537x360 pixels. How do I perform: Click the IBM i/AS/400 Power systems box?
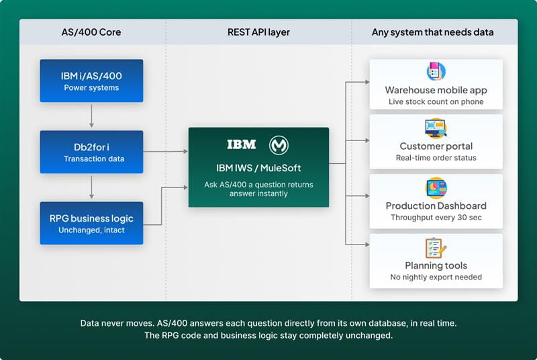91,81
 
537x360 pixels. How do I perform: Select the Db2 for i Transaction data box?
91,152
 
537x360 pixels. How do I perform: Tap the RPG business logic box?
91,223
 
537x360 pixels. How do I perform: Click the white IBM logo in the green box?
241,145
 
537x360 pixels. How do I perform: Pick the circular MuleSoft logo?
279,145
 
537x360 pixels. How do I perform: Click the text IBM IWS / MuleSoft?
258,168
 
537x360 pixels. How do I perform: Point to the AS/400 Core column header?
92,32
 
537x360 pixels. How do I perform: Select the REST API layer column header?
258,32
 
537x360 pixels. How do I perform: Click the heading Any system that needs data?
432,32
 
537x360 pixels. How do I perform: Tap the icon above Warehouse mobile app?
436,71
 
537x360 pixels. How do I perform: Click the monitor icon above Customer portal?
436,127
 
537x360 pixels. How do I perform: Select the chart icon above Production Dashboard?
436,187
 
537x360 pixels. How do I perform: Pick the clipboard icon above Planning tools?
436,247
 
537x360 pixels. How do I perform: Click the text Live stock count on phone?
436,102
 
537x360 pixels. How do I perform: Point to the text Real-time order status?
436,158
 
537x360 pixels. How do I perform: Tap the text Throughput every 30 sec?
436,218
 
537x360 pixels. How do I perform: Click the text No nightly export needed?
436,277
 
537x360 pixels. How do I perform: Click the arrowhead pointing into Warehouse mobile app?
366,82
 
